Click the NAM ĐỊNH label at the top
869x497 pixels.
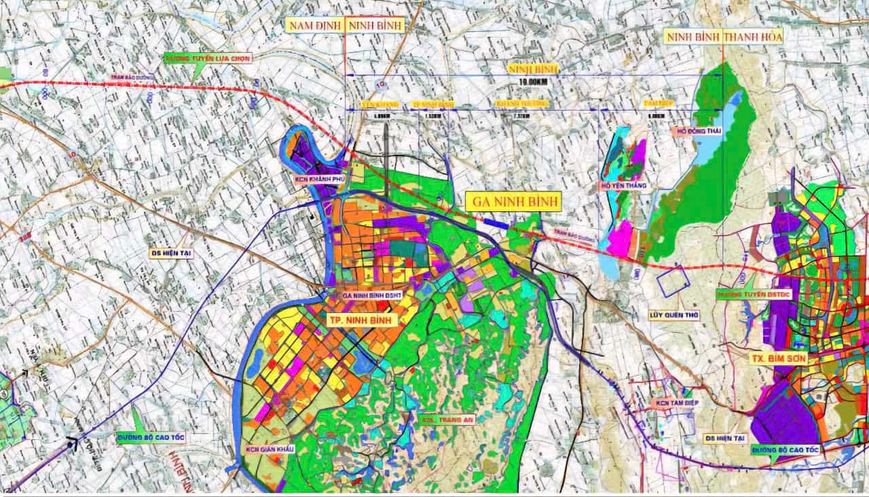point(314,26)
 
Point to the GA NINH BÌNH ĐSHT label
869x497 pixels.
point(374,295)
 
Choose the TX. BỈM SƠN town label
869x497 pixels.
point(777,358)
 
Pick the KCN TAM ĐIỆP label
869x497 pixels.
point(676,403)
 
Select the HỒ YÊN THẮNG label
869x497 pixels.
point(621,185)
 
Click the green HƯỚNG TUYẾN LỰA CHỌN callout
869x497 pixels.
point(208,59)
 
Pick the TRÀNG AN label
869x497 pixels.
point(447,420)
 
